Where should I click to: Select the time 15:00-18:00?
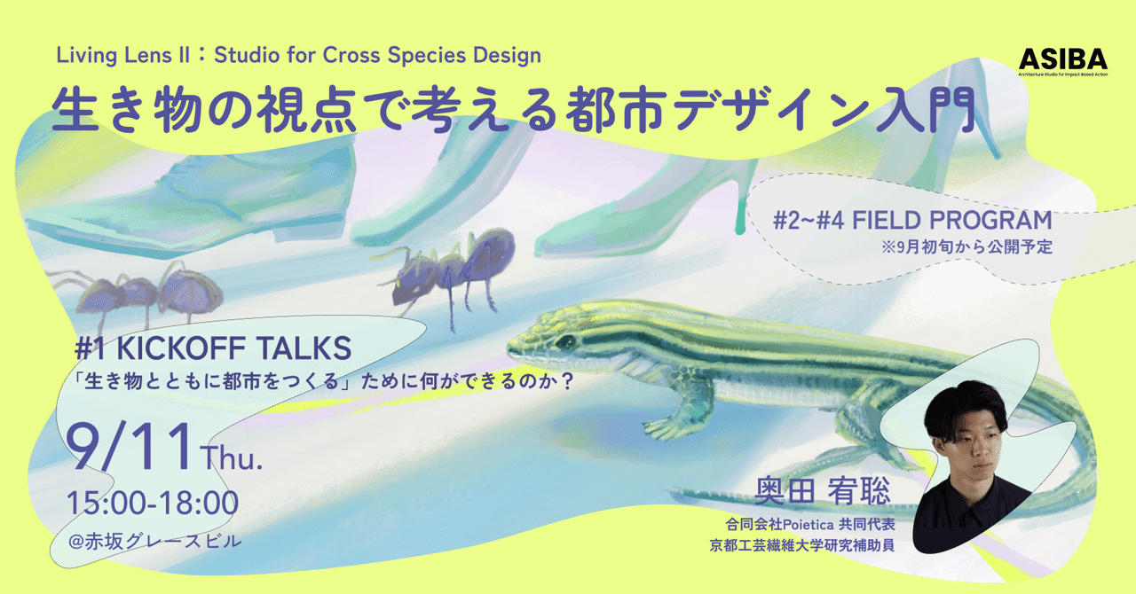pyautogui.click(x=153, y=504)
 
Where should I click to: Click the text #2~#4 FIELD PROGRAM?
pyautogui.click(x=911, y=220)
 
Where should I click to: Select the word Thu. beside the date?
pyautogui.click(x=233, y=459)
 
